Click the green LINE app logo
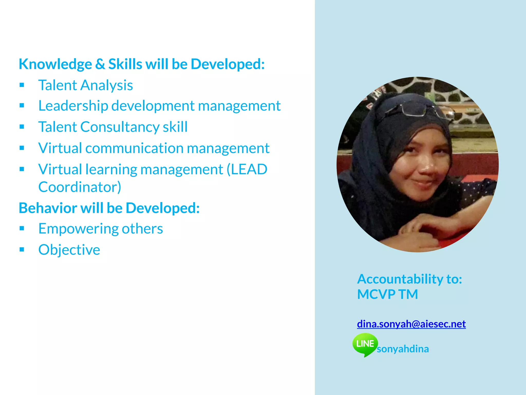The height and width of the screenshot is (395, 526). coord(365,344)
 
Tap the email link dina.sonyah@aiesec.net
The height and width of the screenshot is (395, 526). coord(411,324)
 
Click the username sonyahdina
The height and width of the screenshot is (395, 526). coord(403,349)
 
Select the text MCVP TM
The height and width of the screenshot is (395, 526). coord(387,294)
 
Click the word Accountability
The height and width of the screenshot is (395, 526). coord(399,279)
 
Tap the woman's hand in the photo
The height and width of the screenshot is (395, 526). coord(421,226)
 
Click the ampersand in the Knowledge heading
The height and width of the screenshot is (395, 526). coord(100,64)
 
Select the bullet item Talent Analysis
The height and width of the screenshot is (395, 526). coord(86,85)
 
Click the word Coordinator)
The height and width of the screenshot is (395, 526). coord(80,187)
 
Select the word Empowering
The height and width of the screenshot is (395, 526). coord(78,229)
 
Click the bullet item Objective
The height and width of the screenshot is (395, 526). coord(69,250)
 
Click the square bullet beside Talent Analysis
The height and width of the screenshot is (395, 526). coord(22,85)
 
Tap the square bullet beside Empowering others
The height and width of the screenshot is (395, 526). coord(22,228)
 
